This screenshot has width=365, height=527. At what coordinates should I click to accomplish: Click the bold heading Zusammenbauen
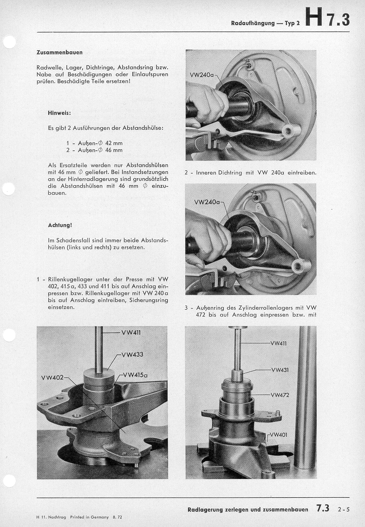click(59, 52)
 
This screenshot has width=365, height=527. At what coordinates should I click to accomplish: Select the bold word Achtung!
click(60, 225)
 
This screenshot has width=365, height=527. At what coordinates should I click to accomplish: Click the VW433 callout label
click(132, 354)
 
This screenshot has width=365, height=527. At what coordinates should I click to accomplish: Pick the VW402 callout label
click(52, 377)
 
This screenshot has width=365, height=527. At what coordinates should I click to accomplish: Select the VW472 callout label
click(280, 395)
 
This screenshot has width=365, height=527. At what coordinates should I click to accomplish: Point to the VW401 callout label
click(280, 435)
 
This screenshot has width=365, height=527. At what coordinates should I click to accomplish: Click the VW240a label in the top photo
click(202, 75)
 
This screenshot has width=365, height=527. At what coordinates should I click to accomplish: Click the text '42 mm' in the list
click(114, 143)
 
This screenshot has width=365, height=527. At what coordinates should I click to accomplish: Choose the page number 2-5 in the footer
click(344, 509)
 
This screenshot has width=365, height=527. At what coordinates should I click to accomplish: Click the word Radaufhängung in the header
click(253, 23)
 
